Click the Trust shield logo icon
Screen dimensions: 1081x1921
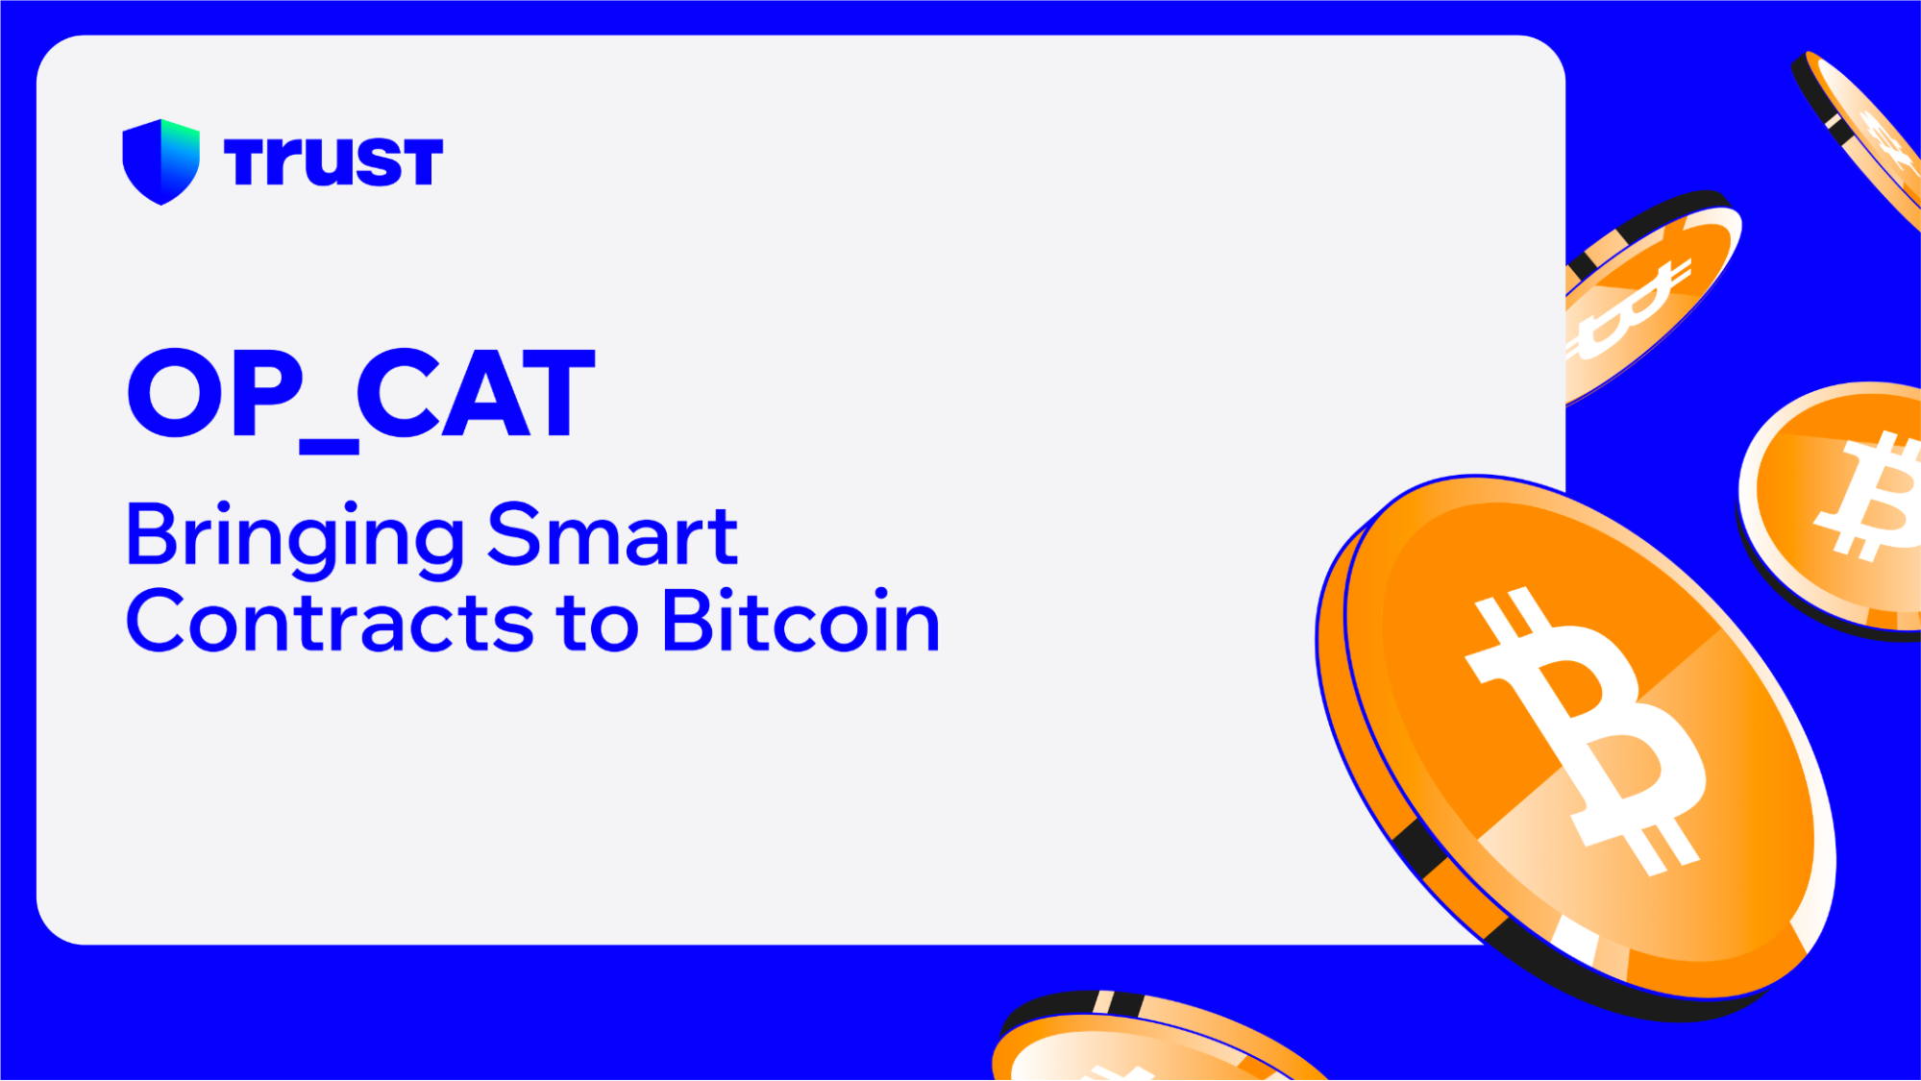[160, 160]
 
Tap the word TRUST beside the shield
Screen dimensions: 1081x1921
[332, 160]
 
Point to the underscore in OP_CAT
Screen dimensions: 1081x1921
[329, 446]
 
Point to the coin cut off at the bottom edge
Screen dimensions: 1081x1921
[1153, 1043]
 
